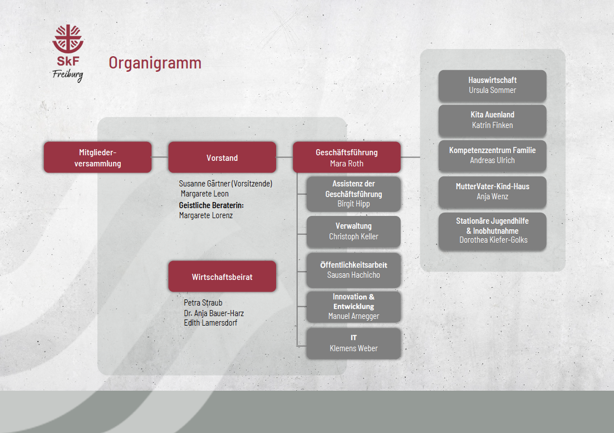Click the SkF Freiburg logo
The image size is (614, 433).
[68, 53]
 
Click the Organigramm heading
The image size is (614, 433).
[155, 63]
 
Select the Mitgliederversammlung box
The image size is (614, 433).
[97, 158]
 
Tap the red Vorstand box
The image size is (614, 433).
[222, 158]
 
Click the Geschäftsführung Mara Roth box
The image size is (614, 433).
[346, 158]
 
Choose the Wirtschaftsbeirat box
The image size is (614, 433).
[222, 277]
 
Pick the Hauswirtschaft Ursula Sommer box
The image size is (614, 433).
[492, 85]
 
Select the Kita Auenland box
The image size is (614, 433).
[492, 120]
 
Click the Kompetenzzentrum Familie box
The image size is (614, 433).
[492, 155]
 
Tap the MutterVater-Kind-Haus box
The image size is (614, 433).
[492, 191]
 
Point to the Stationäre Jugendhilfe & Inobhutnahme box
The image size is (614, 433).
[492, 231]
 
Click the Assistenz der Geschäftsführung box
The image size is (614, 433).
[353, 194]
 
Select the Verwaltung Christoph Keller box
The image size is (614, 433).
[353, 232]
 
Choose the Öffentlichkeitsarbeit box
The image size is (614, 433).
[353, 270]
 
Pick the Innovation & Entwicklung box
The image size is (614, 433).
[353, 307]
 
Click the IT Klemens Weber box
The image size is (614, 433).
[353, 343]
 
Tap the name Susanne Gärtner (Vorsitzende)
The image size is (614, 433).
[225, 183]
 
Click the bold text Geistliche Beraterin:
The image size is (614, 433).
[212, 205]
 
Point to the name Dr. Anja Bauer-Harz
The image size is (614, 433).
[214, 313]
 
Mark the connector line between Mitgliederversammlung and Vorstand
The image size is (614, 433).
[160, 158]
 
